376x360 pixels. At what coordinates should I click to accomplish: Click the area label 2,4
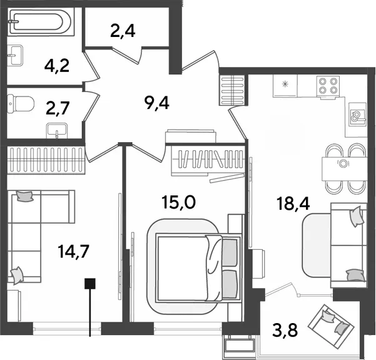[x=123, y=31]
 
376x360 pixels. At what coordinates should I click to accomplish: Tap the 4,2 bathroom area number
[x=57, y=66]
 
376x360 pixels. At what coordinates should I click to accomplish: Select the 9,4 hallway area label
[x=157, y=103]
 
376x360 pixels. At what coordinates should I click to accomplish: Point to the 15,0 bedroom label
[x=179, y=202]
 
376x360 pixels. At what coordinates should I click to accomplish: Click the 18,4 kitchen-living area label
[x=293, y=203]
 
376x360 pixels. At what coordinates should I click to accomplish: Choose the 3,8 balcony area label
[x=285, y=330]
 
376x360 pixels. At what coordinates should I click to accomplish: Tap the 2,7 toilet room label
[x=58, y=108]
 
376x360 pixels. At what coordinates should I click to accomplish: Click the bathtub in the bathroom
[x=41, y=22]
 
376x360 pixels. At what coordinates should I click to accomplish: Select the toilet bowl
[x=21, y=104]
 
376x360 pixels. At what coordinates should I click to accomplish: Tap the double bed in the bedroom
[x=198, y=268]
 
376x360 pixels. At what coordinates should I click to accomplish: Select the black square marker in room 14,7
[x=90, y=284]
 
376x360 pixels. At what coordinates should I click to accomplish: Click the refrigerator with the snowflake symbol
[x=285, y=86]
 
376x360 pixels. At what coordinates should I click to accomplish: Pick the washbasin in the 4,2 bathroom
[x=15, y=56]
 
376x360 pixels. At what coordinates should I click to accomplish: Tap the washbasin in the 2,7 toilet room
[x=57, y=131]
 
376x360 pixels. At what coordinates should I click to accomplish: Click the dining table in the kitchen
[x=344, y=168]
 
